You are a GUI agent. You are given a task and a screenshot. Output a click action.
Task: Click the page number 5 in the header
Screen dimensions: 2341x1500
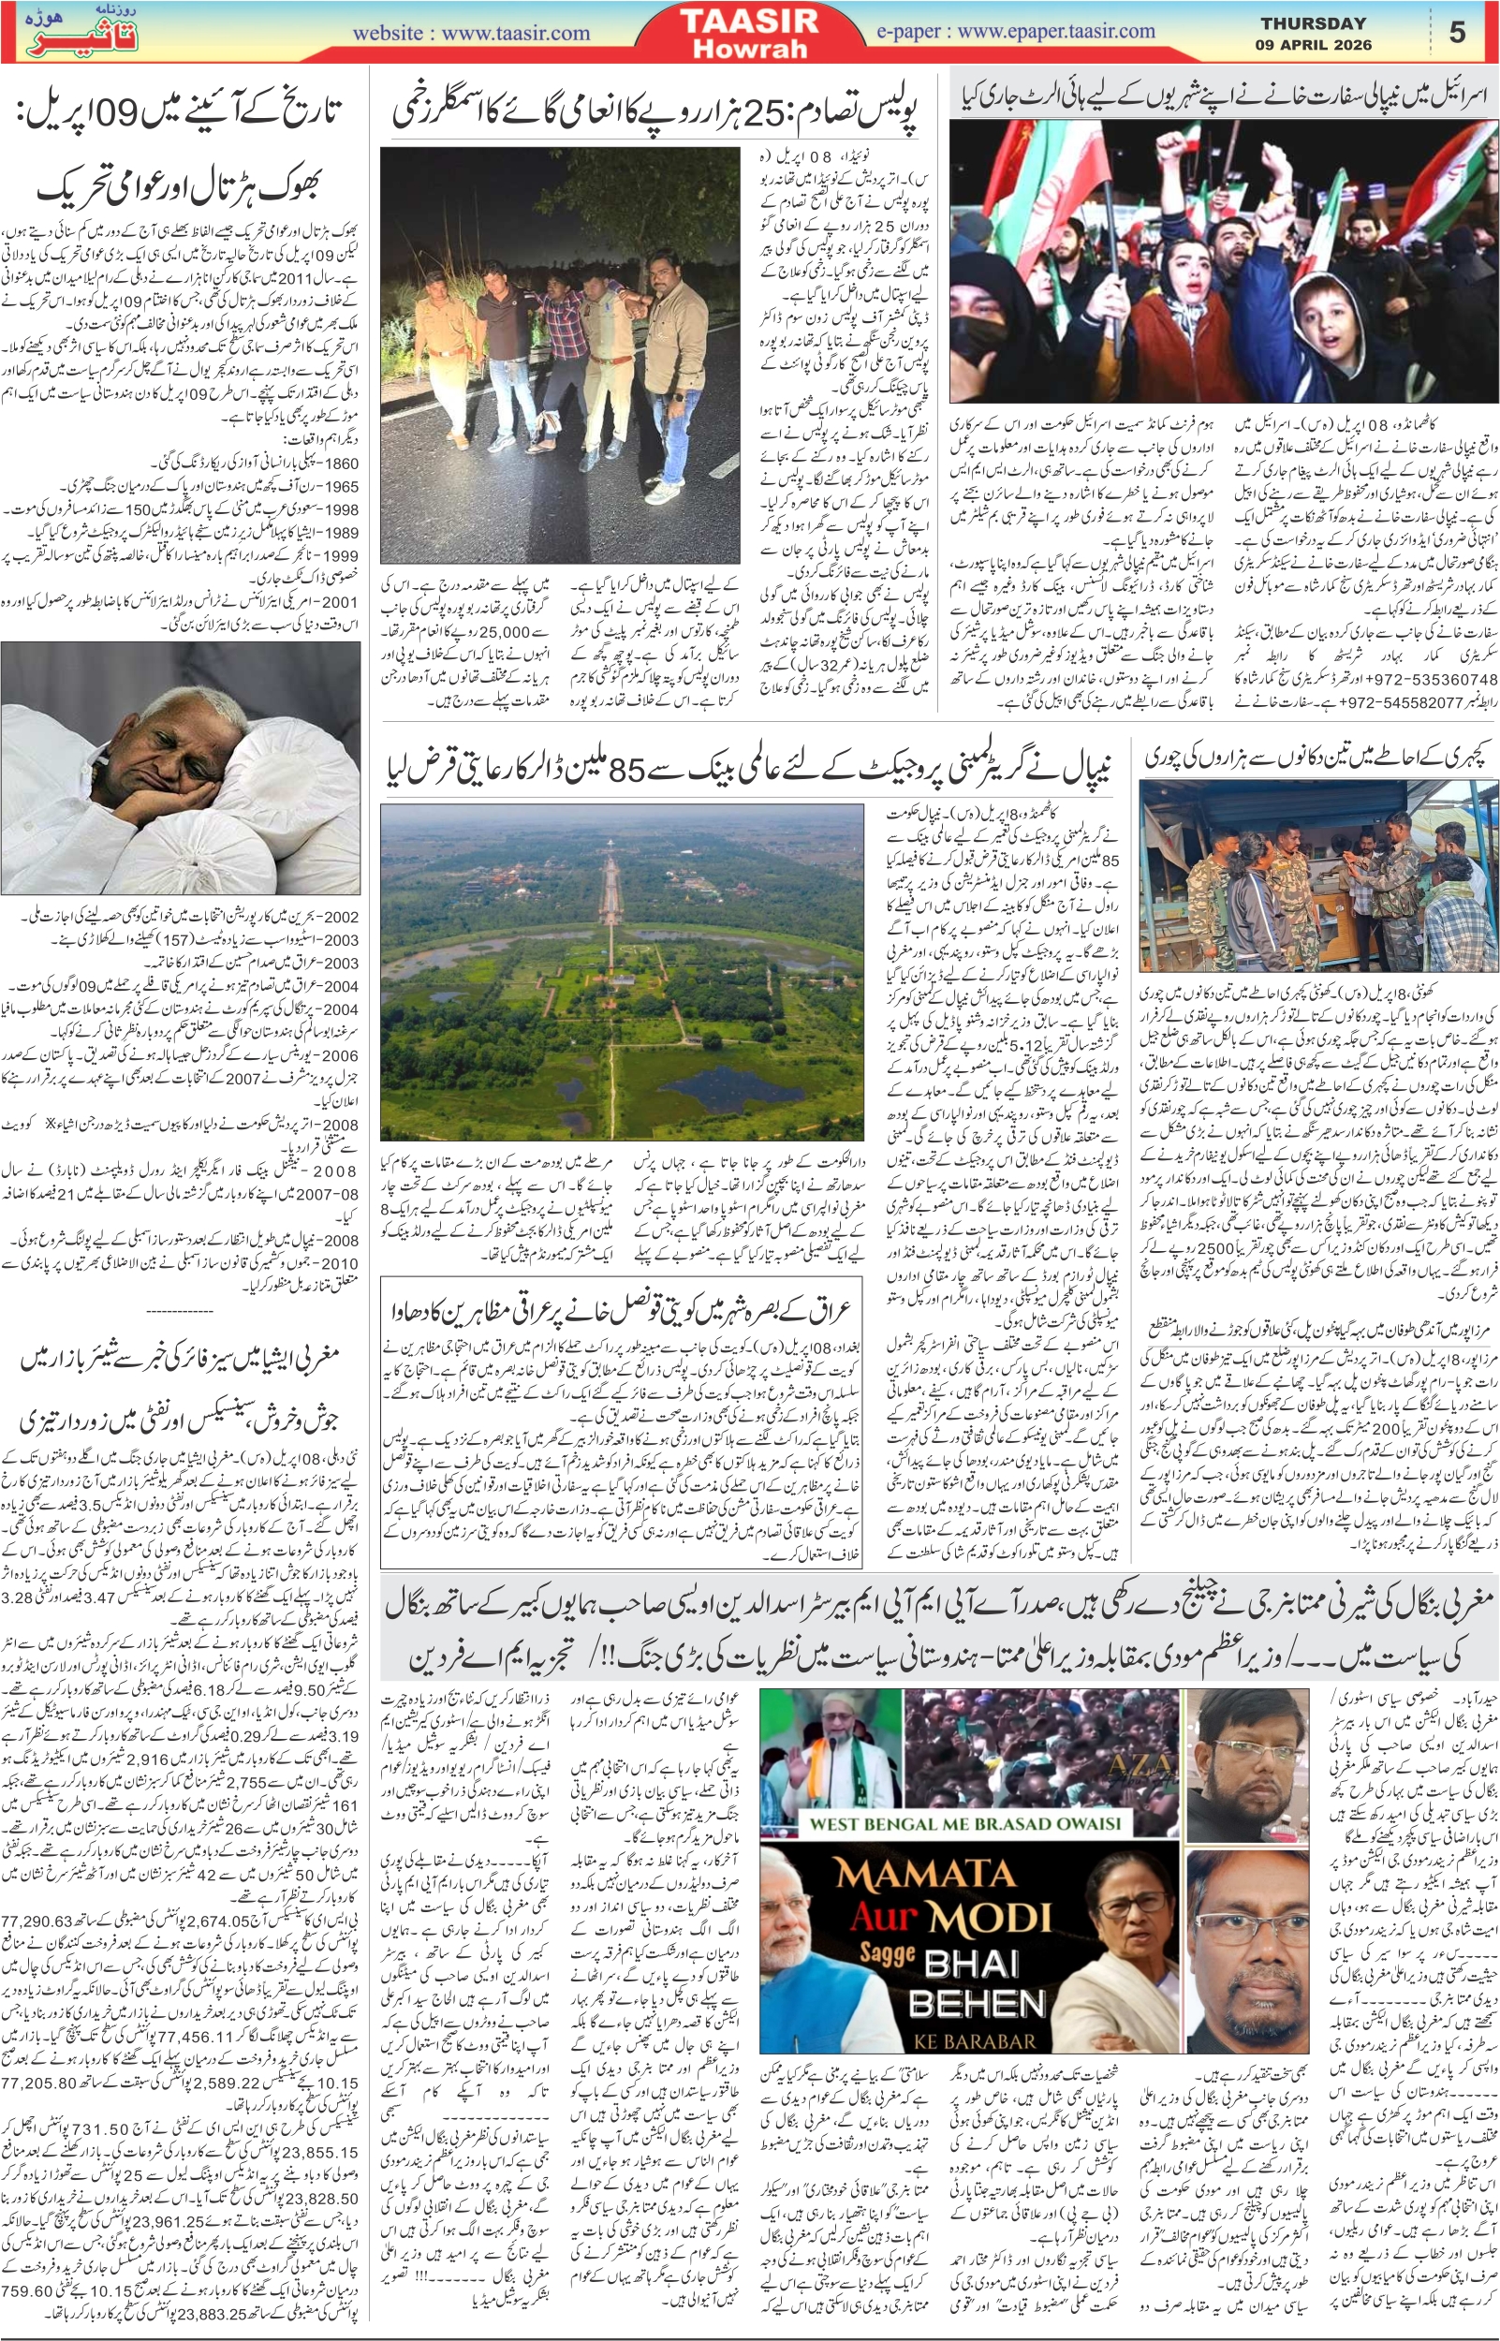pyautogui.click(x=1456, y=33)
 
